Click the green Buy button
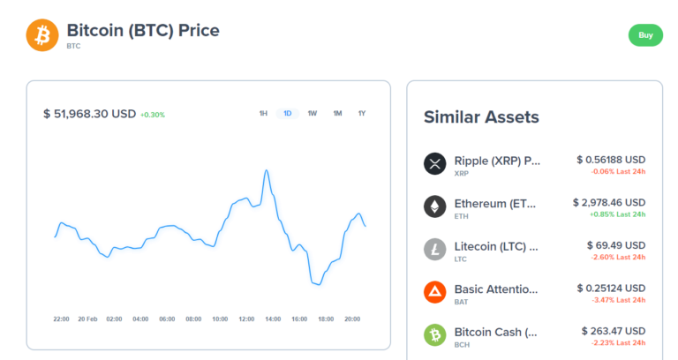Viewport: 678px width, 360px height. point(645,35)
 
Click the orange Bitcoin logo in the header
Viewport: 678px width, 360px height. point(41,35)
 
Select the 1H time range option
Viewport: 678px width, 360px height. point(263,114)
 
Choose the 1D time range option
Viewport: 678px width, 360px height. point(288,114)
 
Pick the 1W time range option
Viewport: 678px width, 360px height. point(313,114)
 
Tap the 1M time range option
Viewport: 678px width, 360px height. point(337,114)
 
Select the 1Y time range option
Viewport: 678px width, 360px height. point(362,114)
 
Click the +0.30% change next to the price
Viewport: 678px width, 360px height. point(152,115)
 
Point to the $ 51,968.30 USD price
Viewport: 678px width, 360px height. point(89,114)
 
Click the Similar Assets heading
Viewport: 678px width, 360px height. point(481,117)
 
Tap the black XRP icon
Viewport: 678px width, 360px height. point(435,164)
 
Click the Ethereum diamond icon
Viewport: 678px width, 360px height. point(435,206)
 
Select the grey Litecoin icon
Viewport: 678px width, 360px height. point(435,249)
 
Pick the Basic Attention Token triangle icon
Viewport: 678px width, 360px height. point(435,291)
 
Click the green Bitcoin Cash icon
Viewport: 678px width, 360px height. point(435,334)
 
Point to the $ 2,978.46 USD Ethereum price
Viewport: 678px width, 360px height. point(608,202)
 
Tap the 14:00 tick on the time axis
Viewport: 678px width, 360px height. point(273,319)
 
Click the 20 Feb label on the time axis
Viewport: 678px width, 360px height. point(87,319)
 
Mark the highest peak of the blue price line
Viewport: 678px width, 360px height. point(267,170)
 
